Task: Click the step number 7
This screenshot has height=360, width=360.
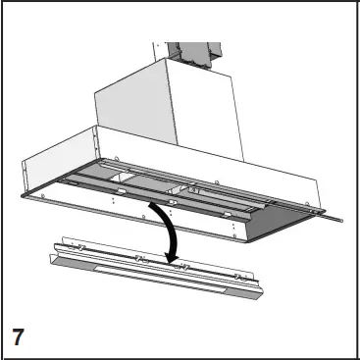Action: [18, 336]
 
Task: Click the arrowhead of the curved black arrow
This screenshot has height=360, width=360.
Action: [174, 258]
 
